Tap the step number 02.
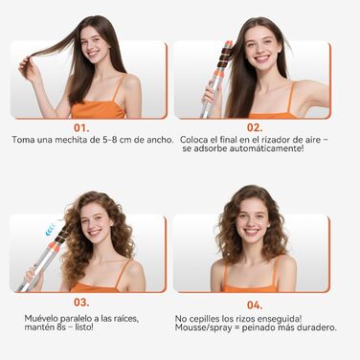point(255,125)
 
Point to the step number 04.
point(255,304)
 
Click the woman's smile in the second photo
point(260,56)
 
